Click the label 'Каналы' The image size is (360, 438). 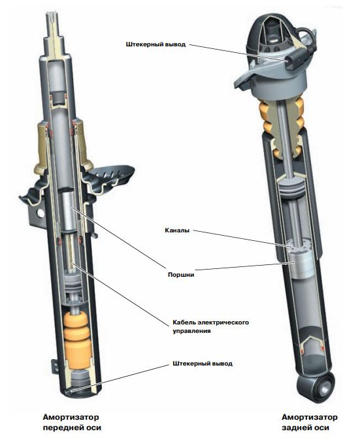click(177, 230)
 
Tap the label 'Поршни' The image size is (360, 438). click(181, 275)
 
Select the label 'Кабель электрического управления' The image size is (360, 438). click(210, 326)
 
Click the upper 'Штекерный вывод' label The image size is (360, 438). click(155, 44)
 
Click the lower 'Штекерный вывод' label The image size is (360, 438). click(203, 364)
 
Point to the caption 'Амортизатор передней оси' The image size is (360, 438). click(72, 422)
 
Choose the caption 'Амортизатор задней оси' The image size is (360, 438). click(310, 422)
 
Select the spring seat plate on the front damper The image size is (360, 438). click(112, 178)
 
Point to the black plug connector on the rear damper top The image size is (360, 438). click(292, 59)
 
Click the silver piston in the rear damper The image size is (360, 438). click(301, 263)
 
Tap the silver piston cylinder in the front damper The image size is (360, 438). click(67, 210)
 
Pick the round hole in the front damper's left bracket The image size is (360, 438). click(41, 213)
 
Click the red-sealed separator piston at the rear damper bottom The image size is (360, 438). click(312, 346)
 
